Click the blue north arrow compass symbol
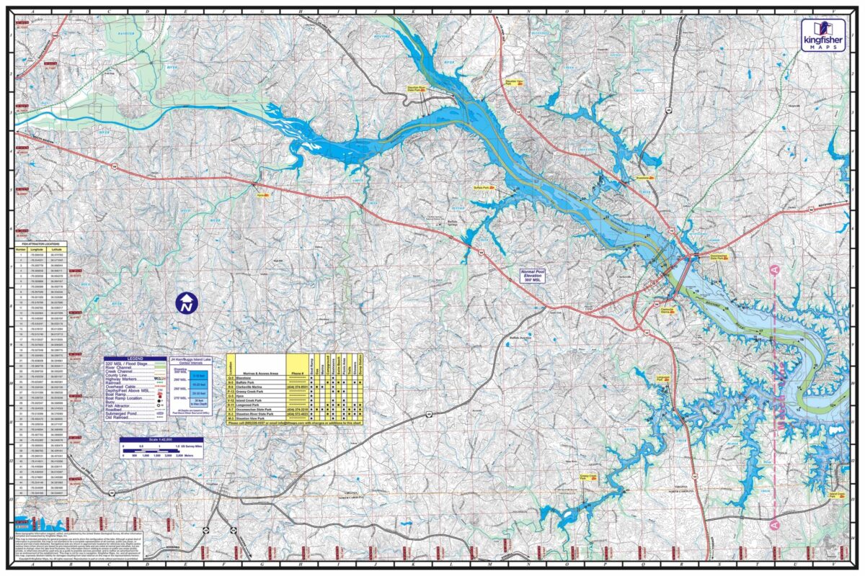187,302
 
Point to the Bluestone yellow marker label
644,176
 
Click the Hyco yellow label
262,194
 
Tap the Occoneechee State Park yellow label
720,256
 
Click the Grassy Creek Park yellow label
590,477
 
